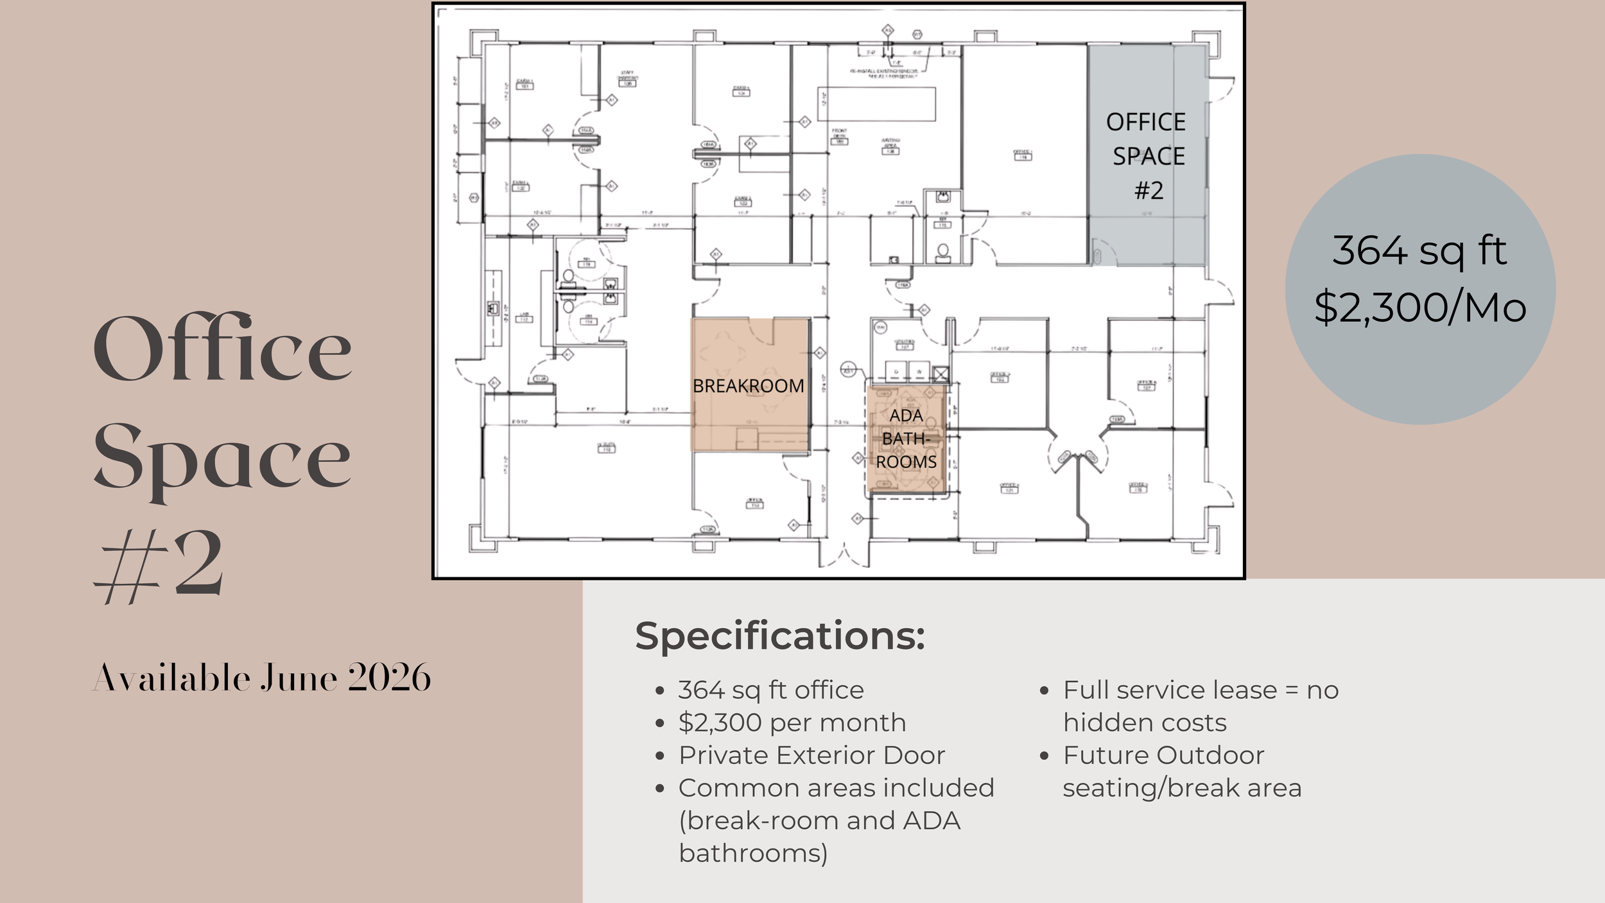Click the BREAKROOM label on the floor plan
748,386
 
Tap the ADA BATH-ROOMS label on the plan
906,439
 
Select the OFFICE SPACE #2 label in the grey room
1147,156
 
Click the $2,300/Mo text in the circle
1420,308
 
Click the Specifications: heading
779,636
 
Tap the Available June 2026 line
261,678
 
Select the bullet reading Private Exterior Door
811,755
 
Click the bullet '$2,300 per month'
792,723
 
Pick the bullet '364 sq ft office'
770,690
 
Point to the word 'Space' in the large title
223,459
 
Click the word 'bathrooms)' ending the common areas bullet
753,853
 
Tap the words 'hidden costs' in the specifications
1144,723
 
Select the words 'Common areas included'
836,788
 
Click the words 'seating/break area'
1181,788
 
